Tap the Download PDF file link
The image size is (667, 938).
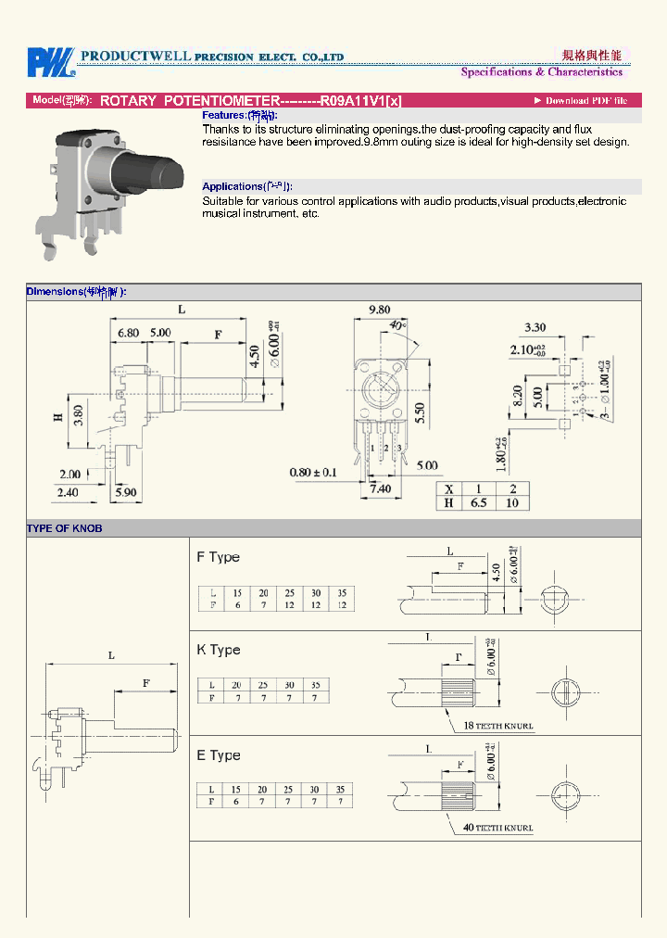coord(581,100)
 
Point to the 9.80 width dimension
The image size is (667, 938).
coord(379,310)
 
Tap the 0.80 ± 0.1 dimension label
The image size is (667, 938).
coord(314,472)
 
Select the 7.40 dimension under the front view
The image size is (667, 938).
coord(380,488)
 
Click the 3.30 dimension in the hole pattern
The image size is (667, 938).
coord(535,327)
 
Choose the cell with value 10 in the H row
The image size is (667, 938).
coord(512,503)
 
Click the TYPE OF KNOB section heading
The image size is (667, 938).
coord(65,528)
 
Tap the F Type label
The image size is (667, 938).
coord(218,557)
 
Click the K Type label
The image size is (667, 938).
coord(218,650)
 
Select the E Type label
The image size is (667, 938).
coord(218,755)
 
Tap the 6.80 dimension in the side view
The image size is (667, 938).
coord(128,332)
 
